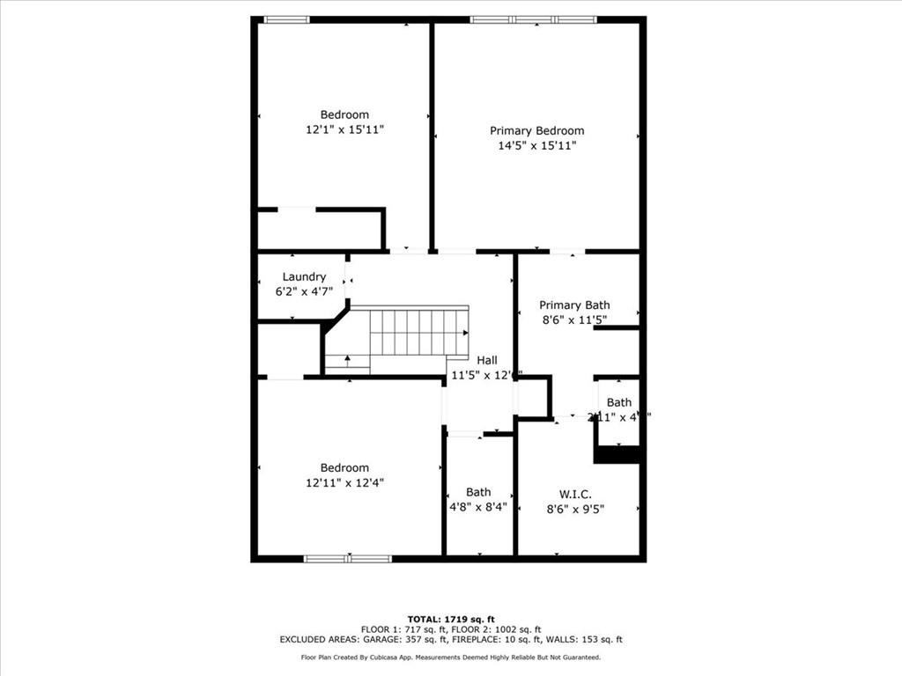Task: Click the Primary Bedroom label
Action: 536,131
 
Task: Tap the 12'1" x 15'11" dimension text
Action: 344,129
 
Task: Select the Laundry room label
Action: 304,276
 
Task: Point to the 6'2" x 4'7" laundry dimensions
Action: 304,291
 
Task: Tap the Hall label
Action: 487,360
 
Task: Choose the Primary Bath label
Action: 574,305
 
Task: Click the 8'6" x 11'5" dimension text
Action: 574,320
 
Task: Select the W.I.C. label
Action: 574,494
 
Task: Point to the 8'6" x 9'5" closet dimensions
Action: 574,509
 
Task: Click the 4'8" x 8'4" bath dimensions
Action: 478,507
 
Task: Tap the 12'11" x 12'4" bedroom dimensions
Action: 344,482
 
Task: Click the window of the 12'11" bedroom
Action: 348,558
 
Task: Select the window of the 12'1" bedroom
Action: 287,19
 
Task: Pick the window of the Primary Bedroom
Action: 533,19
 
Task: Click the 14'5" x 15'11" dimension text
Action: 536,146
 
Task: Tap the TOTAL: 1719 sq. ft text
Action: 450,620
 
